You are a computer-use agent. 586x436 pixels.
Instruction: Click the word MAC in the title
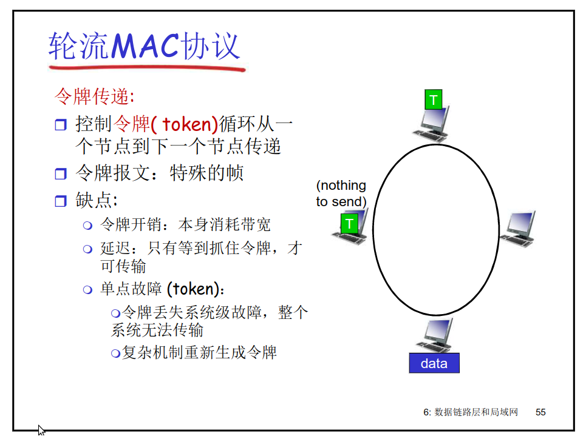click(x=145, y=46)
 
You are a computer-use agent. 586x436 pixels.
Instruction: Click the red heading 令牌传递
click(x=92, y=96)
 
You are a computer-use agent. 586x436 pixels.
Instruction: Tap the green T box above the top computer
click(x=434, y=99)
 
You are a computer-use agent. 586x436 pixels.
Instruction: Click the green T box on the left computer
click(x=349, y=223)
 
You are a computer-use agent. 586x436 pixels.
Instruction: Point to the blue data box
click(x=434, y=363)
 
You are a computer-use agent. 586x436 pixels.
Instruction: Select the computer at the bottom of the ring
click(x=436, y=335)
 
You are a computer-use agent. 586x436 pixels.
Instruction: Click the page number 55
click(x=540, y=412)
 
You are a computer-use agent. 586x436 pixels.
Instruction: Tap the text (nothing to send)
click(x=341, y=193)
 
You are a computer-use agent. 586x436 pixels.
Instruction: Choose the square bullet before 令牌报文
click(x=60, y=175)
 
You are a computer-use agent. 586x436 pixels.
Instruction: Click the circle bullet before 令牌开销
click(x=87, y=226)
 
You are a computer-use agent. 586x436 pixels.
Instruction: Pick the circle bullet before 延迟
click(x=87, y=249)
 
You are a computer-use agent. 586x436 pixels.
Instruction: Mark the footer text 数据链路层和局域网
click(x=476, y=412)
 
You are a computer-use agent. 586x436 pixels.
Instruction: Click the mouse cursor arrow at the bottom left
click(x=41, y=430)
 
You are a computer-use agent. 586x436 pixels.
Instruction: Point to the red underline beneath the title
click(x=146, y=67)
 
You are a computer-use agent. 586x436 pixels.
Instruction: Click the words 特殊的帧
click(x=206, y=173)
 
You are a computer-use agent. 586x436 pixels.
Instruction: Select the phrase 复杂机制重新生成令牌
click(x=199, y=352)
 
